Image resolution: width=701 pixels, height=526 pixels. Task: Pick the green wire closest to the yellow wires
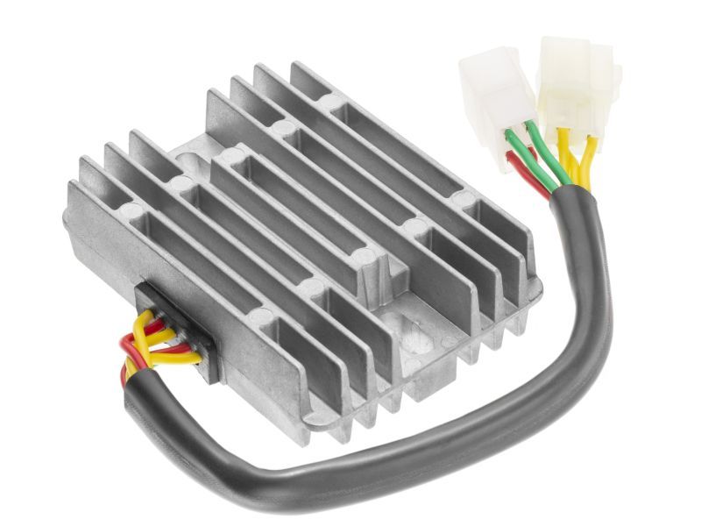547,158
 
